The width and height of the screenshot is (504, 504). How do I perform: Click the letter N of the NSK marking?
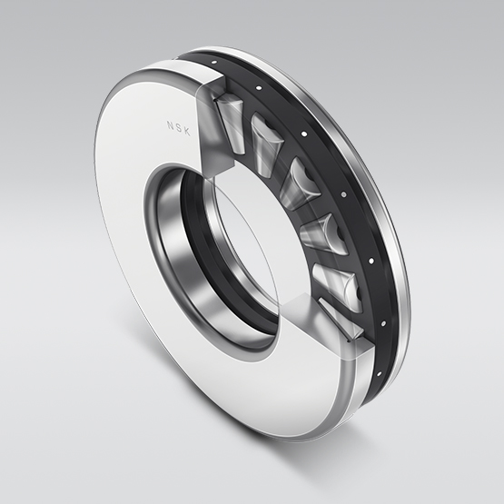pos(170,125)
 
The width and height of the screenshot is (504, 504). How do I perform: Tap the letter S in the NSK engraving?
pos(178,128)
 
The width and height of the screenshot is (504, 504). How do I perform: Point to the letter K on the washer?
pos(187,132)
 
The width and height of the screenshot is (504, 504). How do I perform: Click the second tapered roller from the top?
pos(266,144)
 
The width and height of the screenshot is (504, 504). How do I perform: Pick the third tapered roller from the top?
pos(300,185)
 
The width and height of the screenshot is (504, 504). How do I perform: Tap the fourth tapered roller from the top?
pos(323,234)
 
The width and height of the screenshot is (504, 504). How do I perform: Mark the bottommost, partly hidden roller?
pos(341,318)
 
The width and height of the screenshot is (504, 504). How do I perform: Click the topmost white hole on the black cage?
pos(214,63)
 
